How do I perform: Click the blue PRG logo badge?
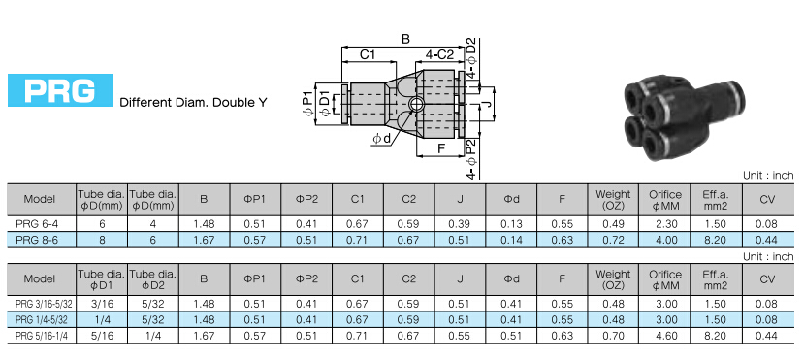(x=60, y=90)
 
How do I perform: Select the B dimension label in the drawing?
(x=405, y=39)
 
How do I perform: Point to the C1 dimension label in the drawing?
(x=368, y=55)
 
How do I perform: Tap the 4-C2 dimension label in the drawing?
(x=439, y=55)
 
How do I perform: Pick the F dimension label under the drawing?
(x=440, y=149)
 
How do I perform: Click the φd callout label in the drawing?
(x=381, y=139)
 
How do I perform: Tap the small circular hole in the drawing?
(x=414, y=104)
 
